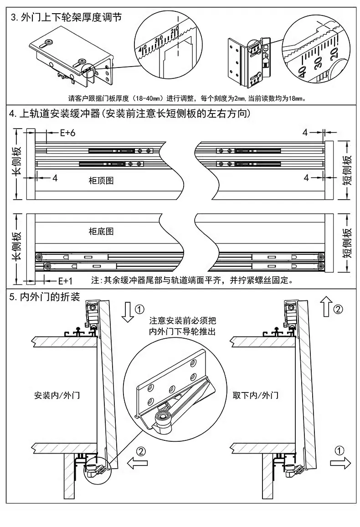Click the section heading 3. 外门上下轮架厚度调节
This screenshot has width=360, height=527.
66,17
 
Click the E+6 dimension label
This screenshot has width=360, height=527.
67,133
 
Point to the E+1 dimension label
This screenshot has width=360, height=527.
65,280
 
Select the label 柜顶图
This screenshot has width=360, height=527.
101,181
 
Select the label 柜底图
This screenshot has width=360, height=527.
101,231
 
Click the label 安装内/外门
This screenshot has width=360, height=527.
57,395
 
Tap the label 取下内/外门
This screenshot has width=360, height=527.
256,395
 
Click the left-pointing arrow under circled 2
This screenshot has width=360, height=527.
137,464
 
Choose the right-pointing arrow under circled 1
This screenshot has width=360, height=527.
340,464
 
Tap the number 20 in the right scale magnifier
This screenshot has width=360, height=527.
334,53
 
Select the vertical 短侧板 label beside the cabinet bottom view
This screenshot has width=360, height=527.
347,243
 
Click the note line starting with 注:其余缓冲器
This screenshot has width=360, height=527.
192,280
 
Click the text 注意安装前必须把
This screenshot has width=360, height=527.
183,320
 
